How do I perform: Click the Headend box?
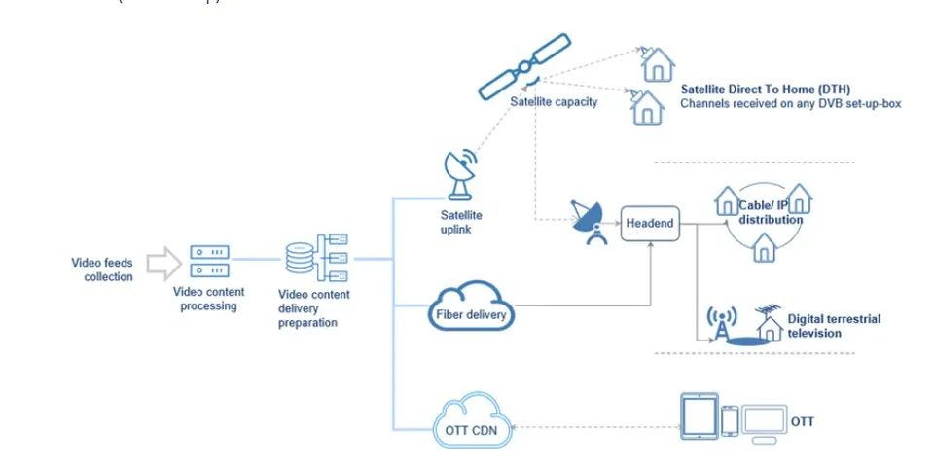[649, 223]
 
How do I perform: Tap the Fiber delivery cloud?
[471, 308]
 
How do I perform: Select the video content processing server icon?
[209, 261]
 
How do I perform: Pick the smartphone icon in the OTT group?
[731, 420]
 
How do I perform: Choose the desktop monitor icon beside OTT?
[764, 420]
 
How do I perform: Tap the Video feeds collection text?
[101, 269]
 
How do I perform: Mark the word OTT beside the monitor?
[803, 421]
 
